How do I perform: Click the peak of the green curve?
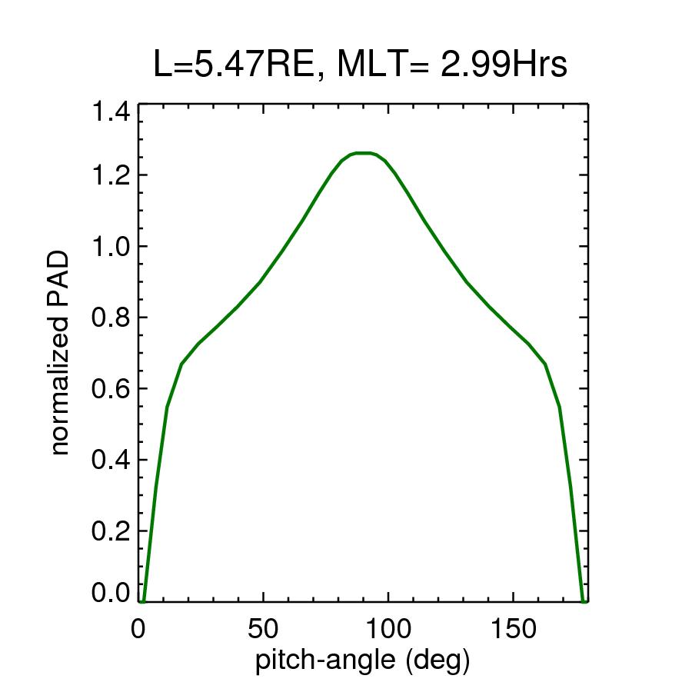click(x=363, y=153)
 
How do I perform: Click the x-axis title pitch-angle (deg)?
click(x=362, y=660)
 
